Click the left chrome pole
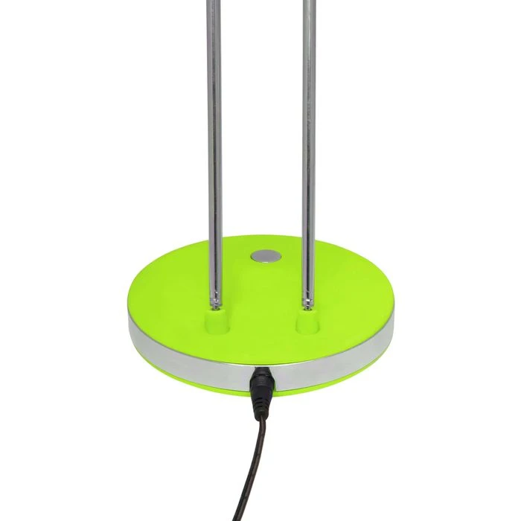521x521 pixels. (x=214, y=149)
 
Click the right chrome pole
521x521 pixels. (x=309, y=149)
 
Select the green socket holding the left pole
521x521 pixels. (x=217, y=321)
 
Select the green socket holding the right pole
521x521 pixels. (x=307, y=321)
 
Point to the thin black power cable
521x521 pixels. (x=253, y=461)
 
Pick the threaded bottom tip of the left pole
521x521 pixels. (x=216, y=300)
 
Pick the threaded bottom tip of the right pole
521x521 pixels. (x=307, y=300)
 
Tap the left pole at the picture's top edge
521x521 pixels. (x=214, y=2)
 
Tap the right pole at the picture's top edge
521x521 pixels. (x=309, y=2)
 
